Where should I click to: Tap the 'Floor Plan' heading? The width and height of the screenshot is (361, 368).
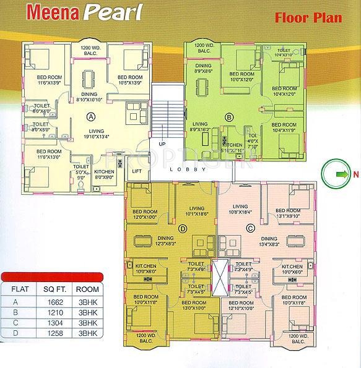(x=308, y=17)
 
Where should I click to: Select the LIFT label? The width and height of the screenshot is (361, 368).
(x=137, y=171)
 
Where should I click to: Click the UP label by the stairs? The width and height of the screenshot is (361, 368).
(x=162, y=143)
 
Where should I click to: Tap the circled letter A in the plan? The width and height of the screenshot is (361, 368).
(x=91, y=116)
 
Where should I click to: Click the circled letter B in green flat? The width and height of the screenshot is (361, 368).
(x=228, y=116)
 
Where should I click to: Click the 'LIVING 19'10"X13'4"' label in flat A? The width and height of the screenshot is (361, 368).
(x=95, y=134)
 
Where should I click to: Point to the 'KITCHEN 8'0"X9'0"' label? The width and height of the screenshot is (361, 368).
(x=104, y=174)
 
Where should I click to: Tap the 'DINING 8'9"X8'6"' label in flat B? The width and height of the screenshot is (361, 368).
(x=203, y=68)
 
